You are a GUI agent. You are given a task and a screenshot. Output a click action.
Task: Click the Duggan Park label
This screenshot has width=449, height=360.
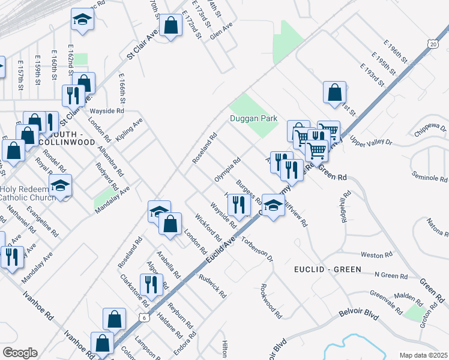tap(254, 118)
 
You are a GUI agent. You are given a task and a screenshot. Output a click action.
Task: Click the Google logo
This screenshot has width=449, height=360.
tap(20, 352)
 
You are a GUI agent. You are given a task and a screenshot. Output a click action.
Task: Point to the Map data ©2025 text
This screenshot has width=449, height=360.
tap(423, 355)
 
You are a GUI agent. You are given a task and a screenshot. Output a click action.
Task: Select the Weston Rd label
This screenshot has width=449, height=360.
tap(376, 255)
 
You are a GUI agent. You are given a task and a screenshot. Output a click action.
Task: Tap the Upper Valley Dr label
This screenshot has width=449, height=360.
tap(370, 142)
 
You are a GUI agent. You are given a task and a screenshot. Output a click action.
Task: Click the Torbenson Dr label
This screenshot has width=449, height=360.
tap(257, 250)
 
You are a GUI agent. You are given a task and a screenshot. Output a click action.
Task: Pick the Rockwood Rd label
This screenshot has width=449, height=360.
tap(271, 301)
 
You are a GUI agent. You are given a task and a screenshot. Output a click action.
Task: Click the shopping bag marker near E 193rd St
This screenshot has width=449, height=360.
tap(335, 93)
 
